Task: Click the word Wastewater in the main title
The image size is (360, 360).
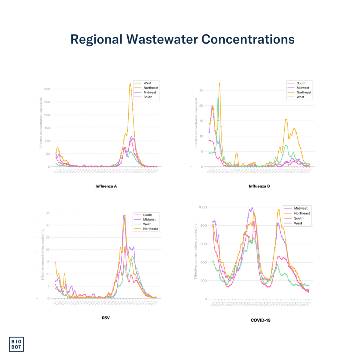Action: [x=159, y=39]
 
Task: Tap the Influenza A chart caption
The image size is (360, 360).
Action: [x=106, y=186]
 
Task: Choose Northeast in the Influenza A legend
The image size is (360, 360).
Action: [x=151, y=88]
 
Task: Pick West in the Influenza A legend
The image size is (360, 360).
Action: [x=147, y=83]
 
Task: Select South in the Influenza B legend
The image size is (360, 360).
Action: [x=301, y=83]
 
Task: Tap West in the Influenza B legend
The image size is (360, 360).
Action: [x=301, y=97]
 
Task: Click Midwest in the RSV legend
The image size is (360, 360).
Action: [x=149, y=219]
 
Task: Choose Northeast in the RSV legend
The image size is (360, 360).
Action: [x=150, y=229]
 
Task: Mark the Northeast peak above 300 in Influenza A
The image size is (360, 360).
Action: [x=130, y=84]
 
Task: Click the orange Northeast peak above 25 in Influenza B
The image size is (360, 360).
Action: [x=219, y=83]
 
